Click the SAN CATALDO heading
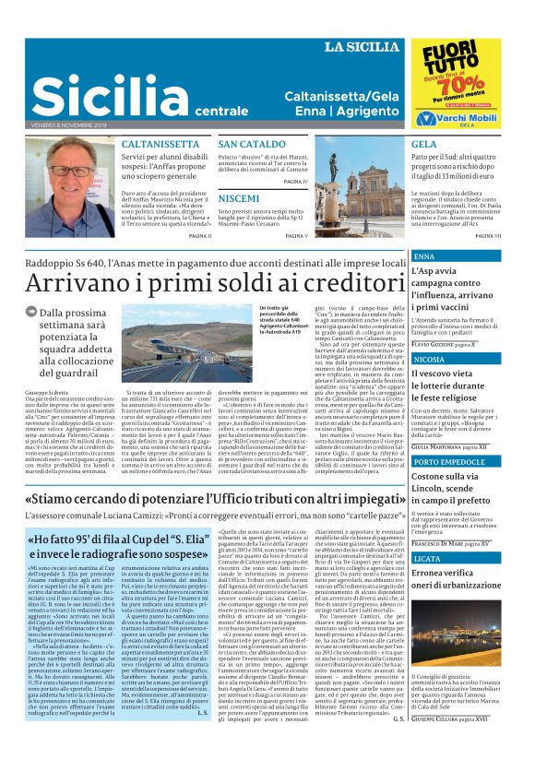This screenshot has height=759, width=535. [x=252, y=145]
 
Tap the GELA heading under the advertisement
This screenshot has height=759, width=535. [x=424, y=145]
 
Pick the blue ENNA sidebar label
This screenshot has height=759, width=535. [x=425, y=255]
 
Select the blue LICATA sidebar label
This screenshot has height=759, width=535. [x=428, y=559]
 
